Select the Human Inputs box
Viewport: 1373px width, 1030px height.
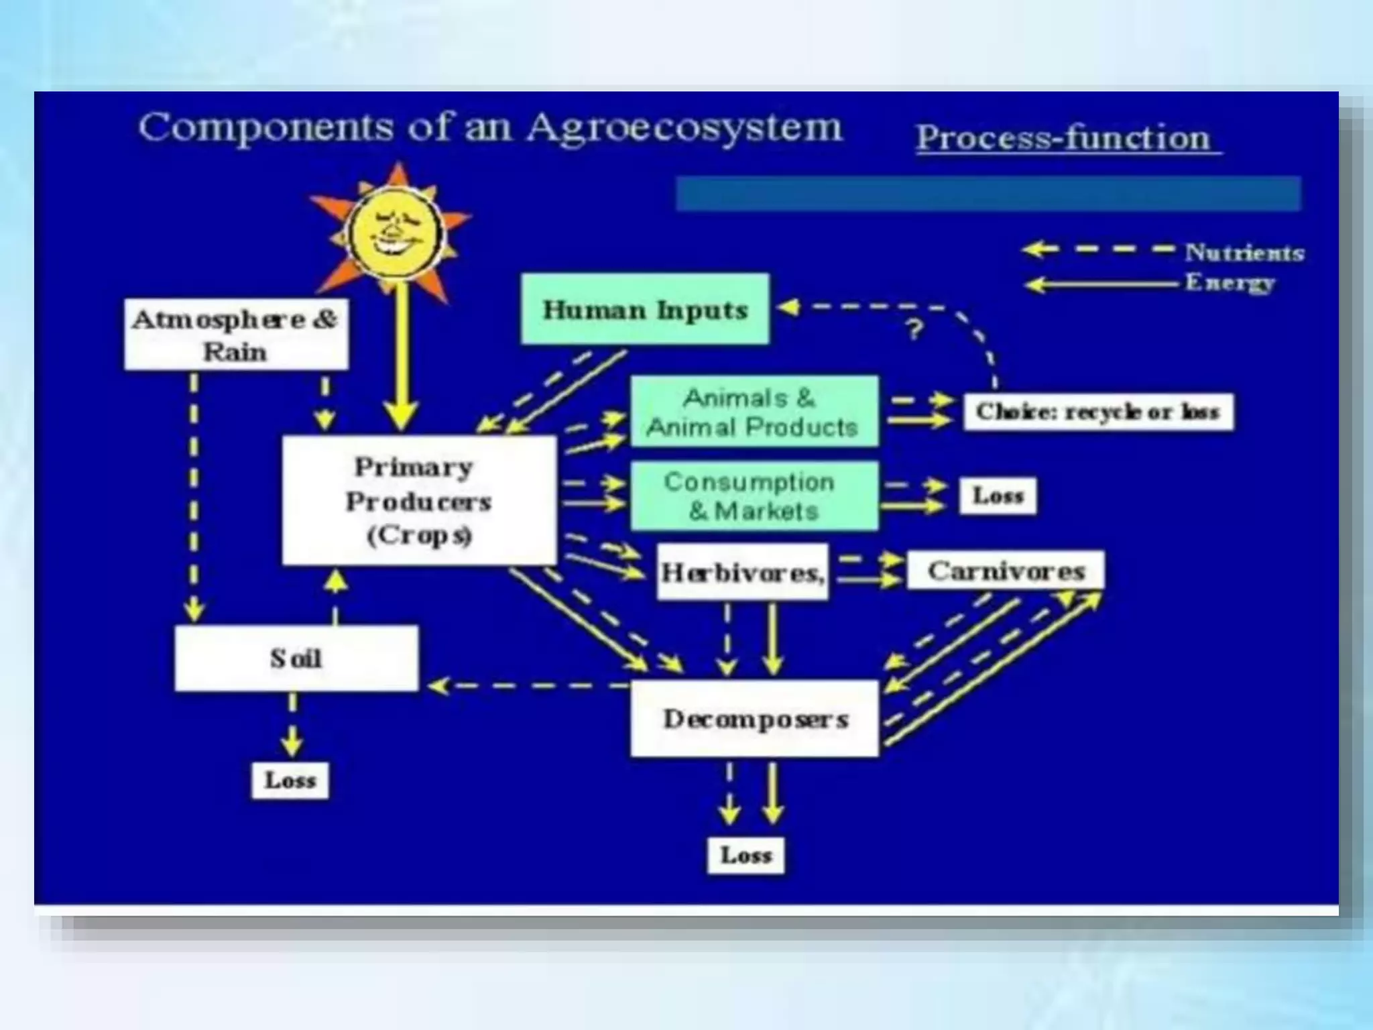[645, 309]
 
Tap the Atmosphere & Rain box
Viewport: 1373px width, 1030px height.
[236, 335]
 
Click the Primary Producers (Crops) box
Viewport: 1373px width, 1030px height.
[419, 500]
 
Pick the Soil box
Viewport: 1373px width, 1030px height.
[296, 659]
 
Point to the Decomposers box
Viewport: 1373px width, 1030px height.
[755, 719]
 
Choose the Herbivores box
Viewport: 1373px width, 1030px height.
[742, 572]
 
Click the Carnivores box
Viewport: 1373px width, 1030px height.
[1006, 571]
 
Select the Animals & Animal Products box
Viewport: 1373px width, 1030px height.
[754, 412]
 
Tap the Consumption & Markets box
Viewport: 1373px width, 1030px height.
[754, 496]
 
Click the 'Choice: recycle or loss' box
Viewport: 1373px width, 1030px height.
[1098, 412]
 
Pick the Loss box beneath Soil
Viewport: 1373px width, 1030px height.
[290, 781]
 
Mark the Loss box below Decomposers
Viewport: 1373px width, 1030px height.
[746, 855]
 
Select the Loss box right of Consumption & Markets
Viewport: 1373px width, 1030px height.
[998, 496]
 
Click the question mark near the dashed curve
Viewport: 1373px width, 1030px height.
[915, 329]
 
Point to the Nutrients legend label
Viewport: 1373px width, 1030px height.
[1244, 253]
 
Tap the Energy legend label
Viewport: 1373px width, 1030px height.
[1230, 282]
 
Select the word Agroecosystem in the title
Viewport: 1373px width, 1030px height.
[684, 127]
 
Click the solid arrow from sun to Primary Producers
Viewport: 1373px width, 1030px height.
[401, 355]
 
